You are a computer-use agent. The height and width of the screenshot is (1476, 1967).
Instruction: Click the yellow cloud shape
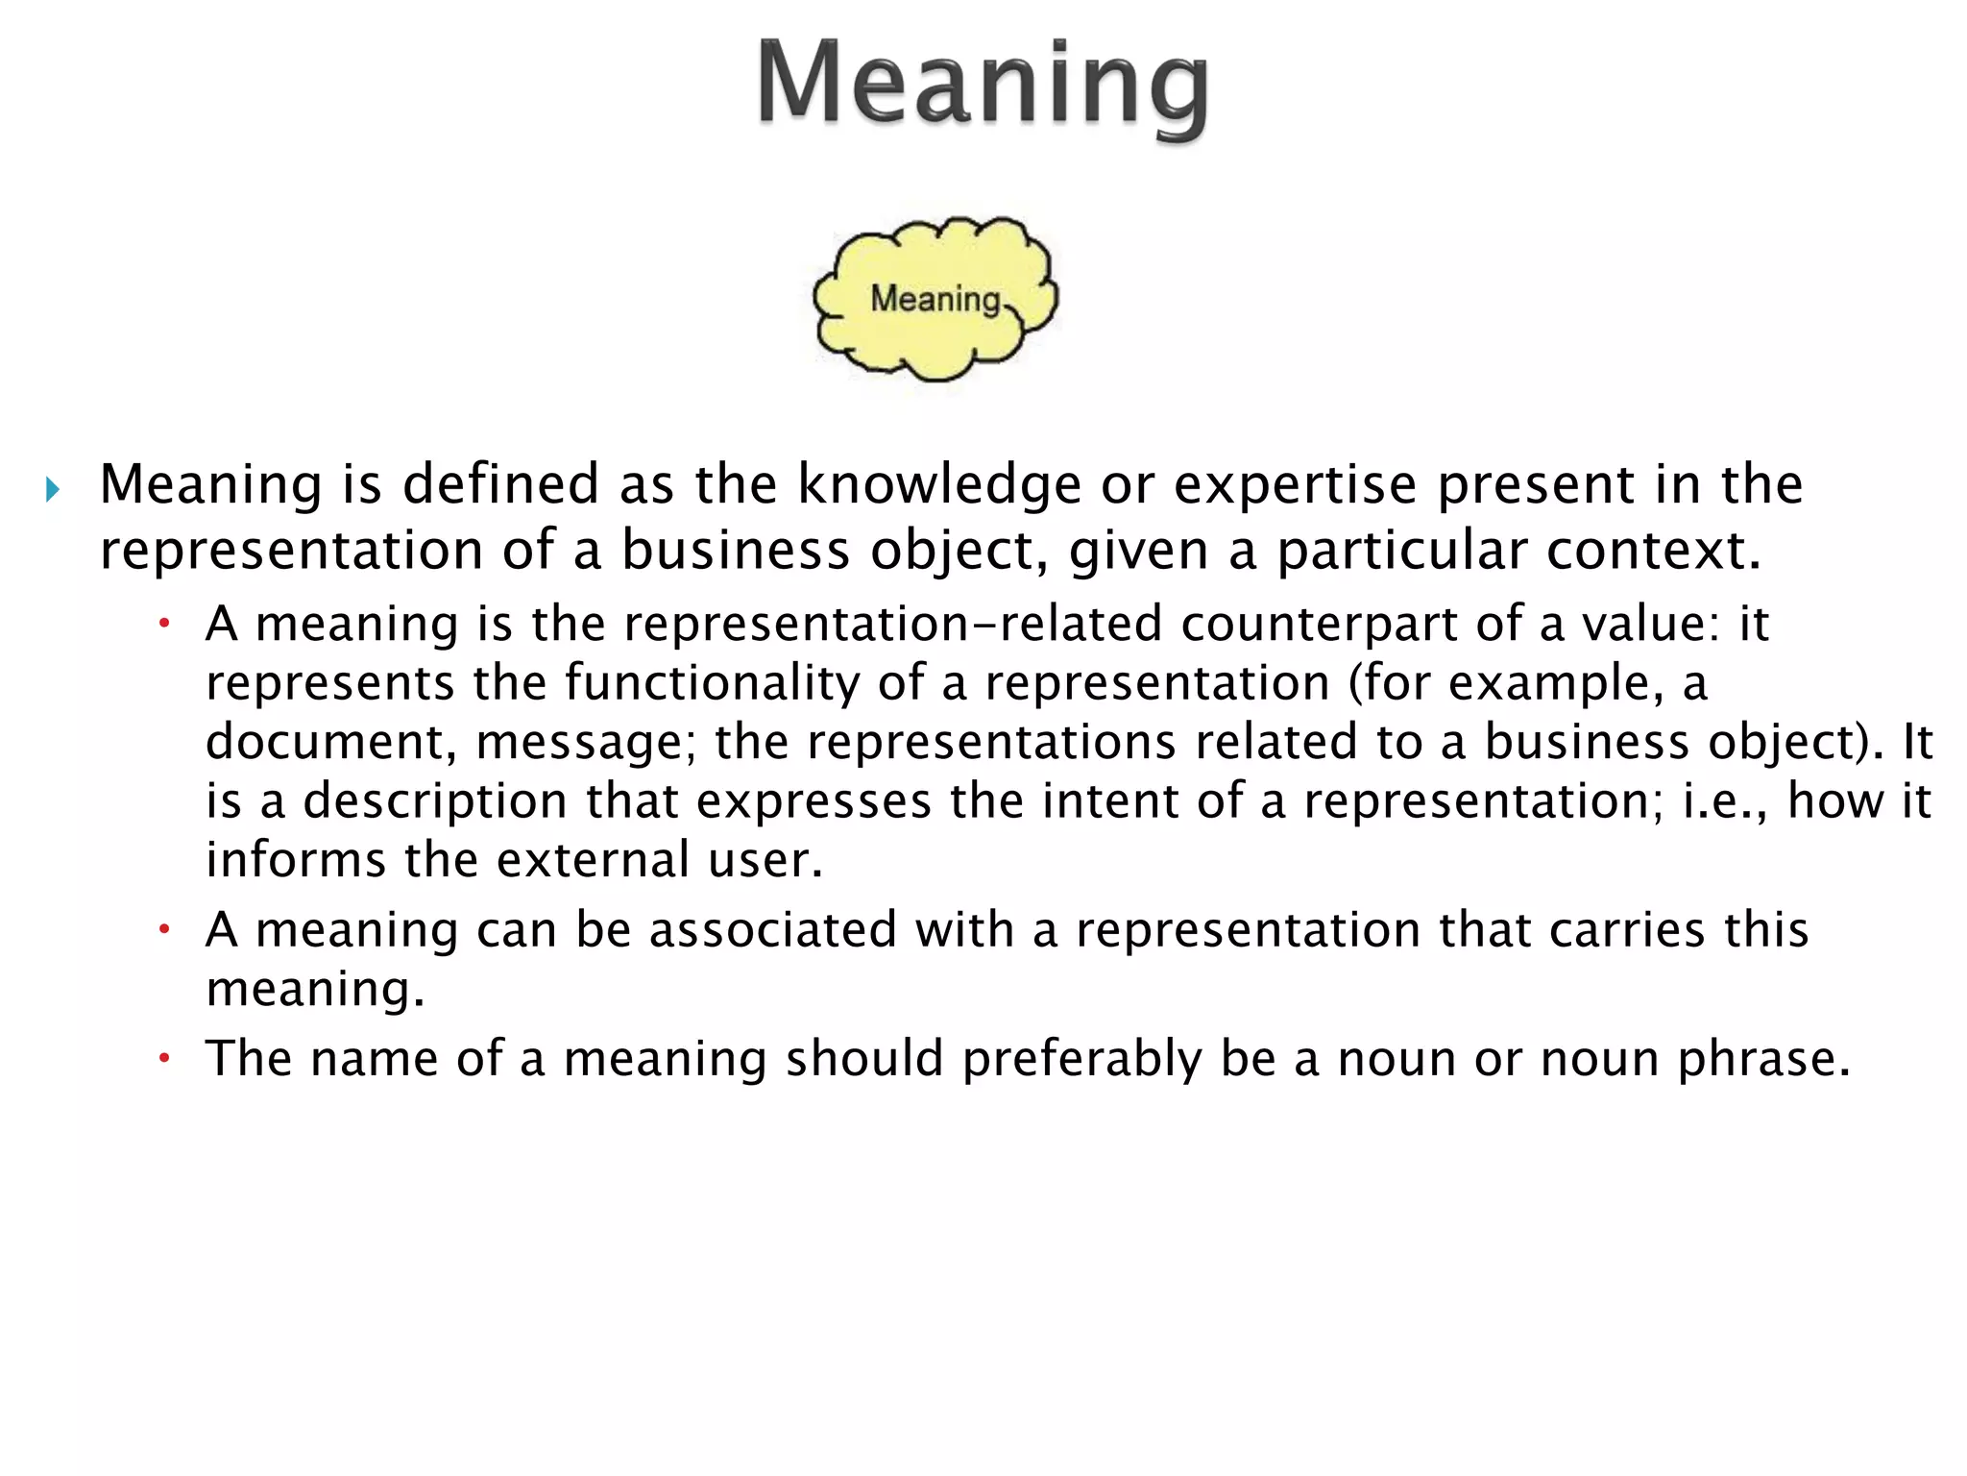[935, 298]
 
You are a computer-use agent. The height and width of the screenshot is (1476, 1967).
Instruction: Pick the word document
[331, 742]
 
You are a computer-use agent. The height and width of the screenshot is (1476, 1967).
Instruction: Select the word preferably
[1082, 1059]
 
